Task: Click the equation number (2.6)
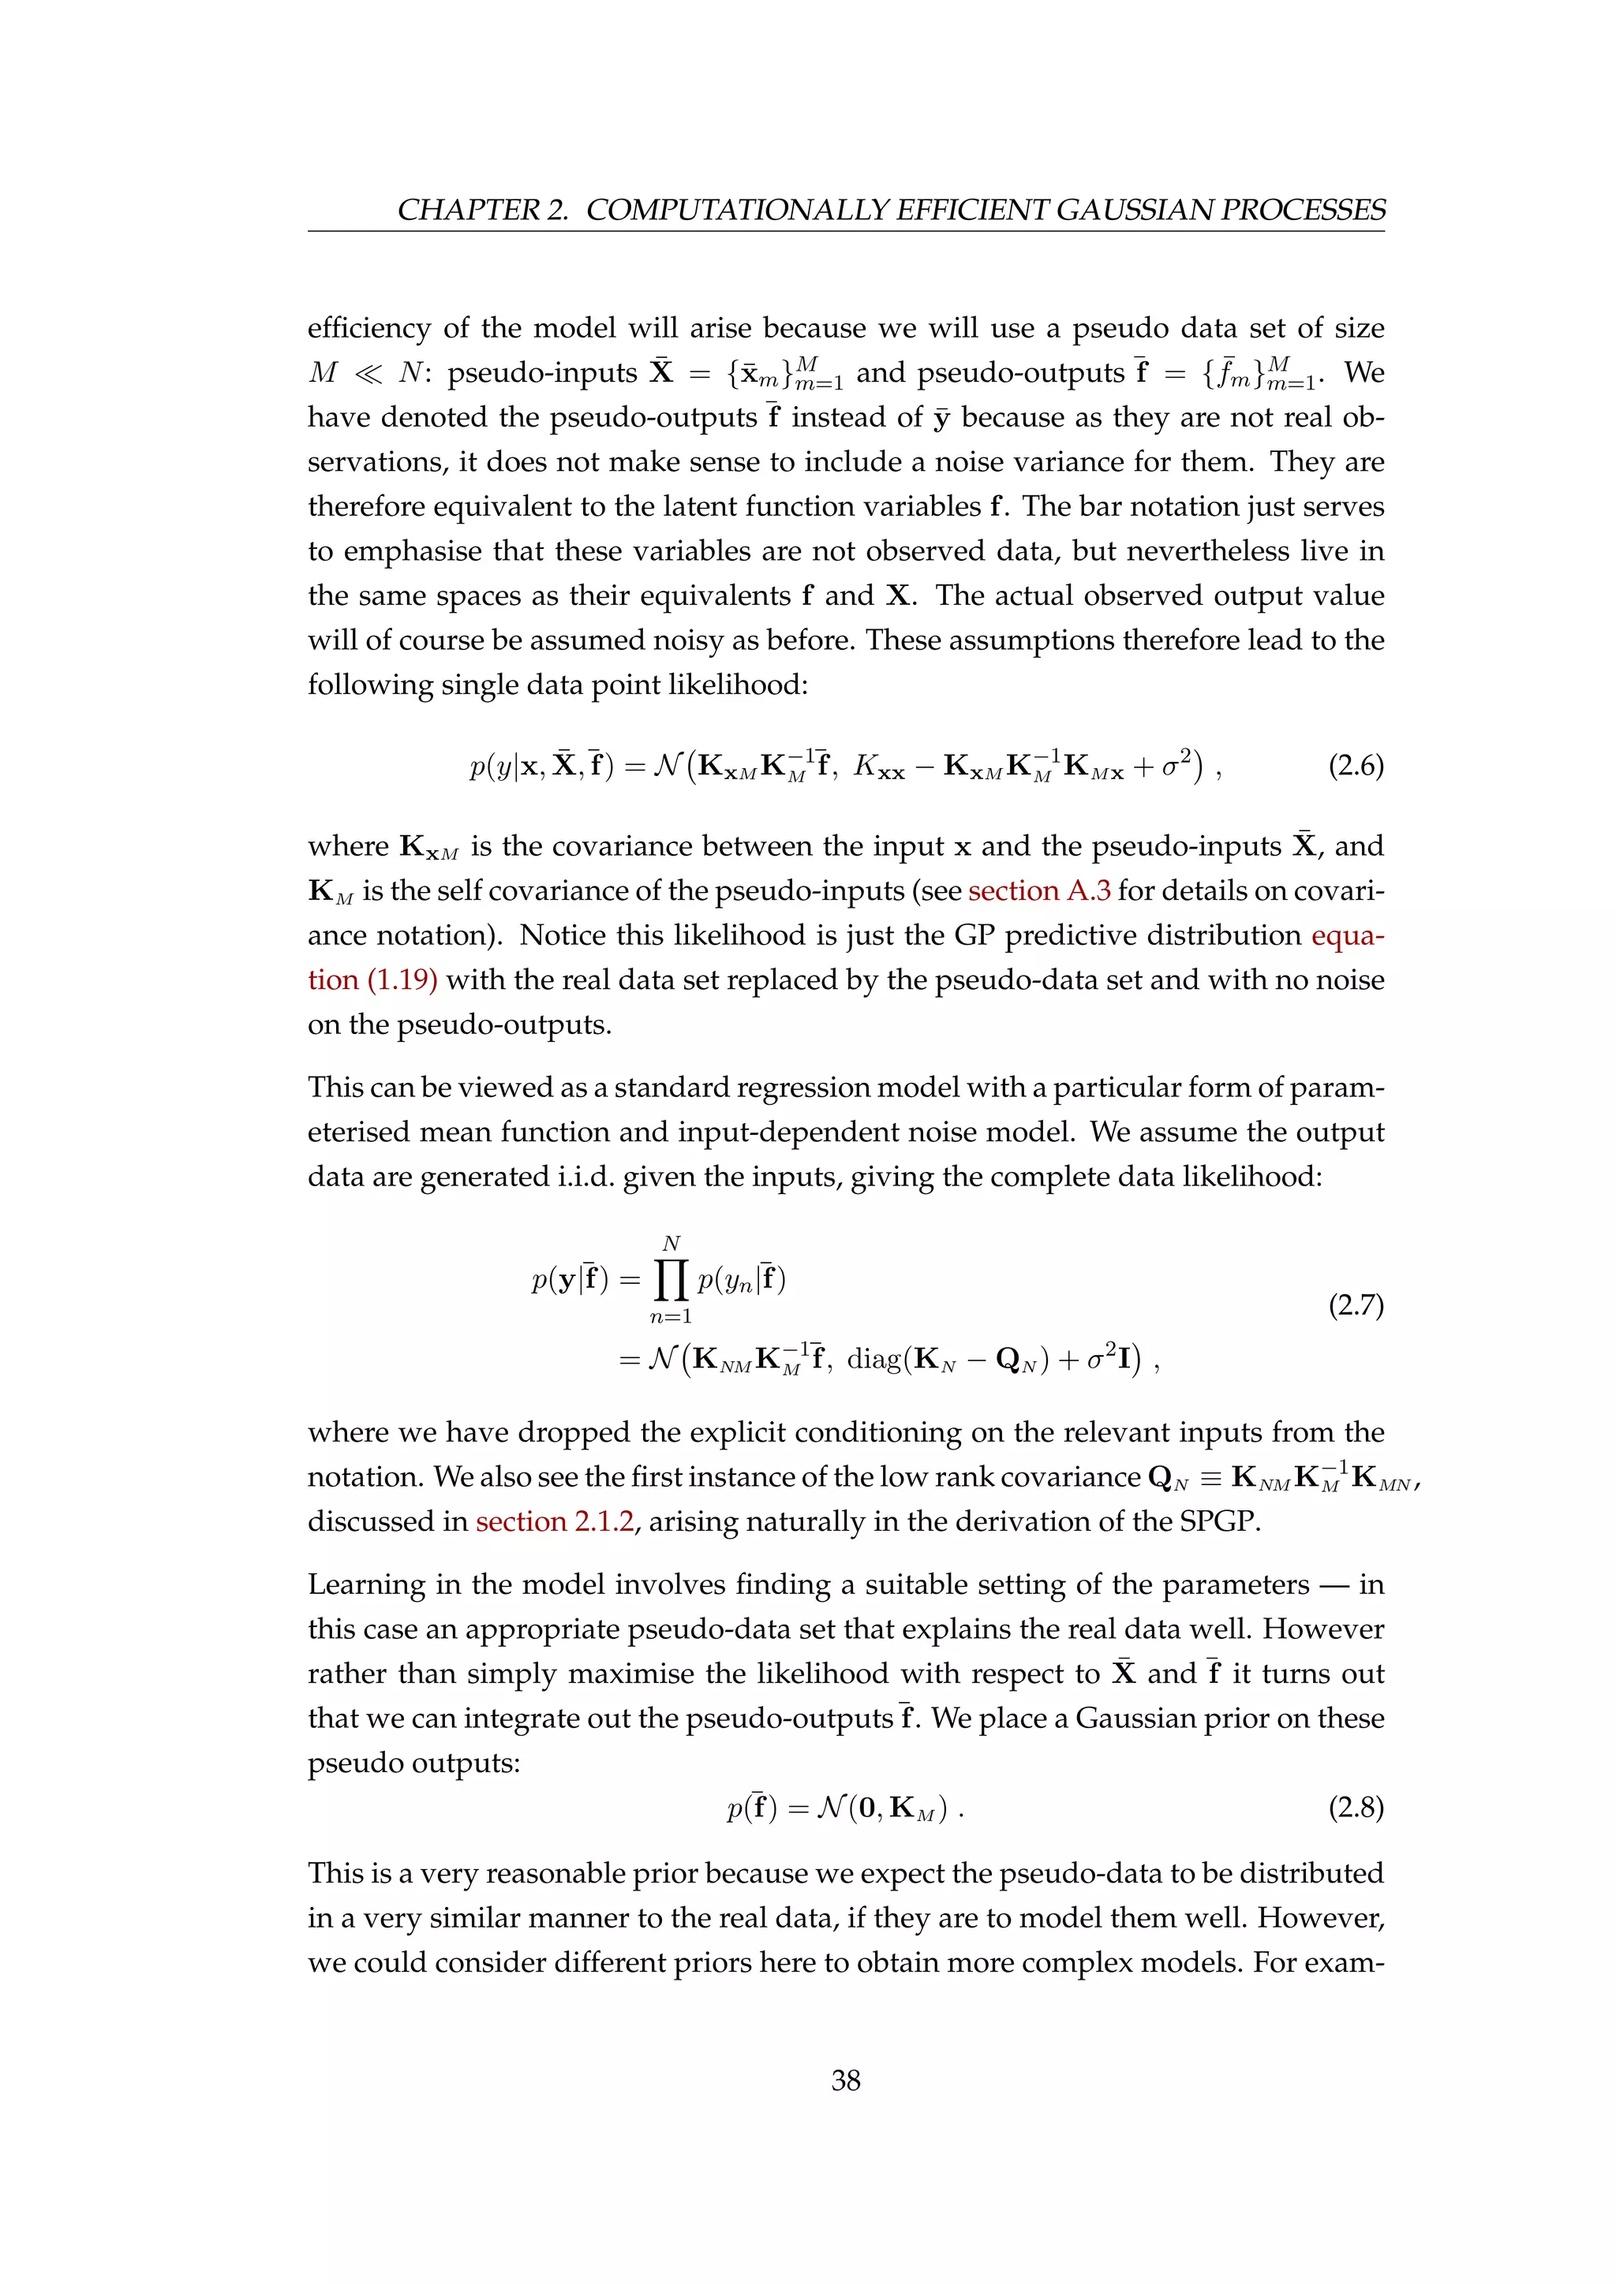[1356, 766]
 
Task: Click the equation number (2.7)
[1356, 1304]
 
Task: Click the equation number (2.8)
[1356, 1808]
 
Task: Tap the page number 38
[845, 2080]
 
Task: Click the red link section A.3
[1039, 890]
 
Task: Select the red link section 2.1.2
[554, 1522]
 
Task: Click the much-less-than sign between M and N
[367, 373]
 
